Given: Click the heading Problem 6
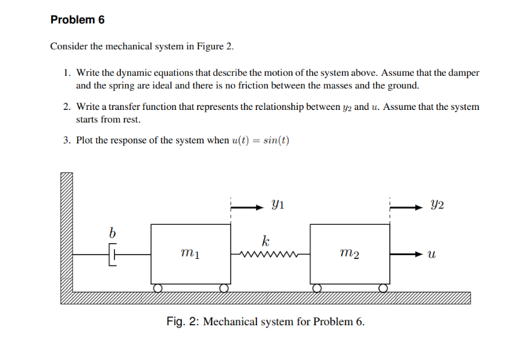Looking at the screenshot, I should click(77, 20).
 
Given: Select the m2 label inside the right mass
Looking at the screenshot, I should click(349, 254).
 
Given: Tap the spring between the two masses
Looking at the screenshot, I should click(270, 255).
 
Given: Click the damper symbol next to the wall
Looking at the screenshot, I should click(114, 255).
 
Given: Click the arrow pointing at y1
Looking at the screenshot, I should click(247, 205).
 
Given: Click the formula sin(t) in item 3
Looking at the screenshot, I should click(276, 140).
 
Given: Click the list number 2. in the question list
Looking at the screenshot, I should click(67, 107).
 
